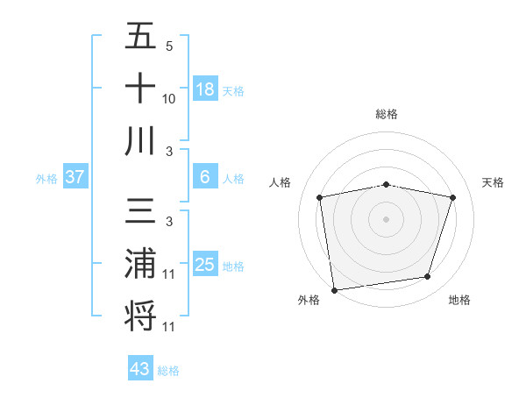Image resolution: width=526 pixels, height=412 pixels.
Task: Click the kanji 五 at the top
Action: coord(140,37)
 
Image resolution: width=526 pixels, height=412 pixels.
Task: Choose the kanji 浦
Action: coord(140,264)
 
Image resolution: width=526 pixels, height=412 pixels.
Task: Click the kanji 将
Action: coord(140,315)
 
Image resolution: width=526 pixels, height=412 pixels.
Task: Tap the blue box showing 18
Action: coord(205,89)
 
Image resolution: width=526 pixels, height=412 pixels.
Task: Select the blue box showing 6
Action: coord(205,177)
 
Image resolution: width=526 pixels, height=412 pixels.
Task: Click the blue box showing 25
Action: coord(205,265)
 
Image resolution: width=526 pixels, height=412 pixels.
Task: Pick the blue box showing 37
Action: coord(75,177)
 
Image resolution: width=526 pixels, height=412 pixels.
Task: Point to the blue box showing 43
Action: coord(140,369)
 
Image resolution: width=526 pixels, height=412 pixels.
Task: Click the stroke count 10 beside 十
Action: coord(169,99)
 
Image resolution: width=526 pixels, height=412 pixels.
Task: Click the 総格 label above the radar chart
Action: coord(387,114)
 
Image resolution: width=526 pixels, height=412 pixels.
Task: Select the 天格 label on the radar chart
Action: coord(494,182)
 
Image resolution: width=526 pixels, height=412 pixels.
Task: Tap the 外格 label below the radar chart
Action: coord(309,300)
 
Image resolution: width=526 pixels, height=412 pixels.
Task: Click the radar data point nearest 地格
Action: coord(428,277)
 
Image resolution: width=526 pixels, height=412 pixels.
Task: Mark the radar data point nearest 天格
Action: coord(453,197)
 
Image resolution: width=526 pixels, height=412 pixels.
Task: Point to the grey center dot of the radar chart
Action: coord(387,218)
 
